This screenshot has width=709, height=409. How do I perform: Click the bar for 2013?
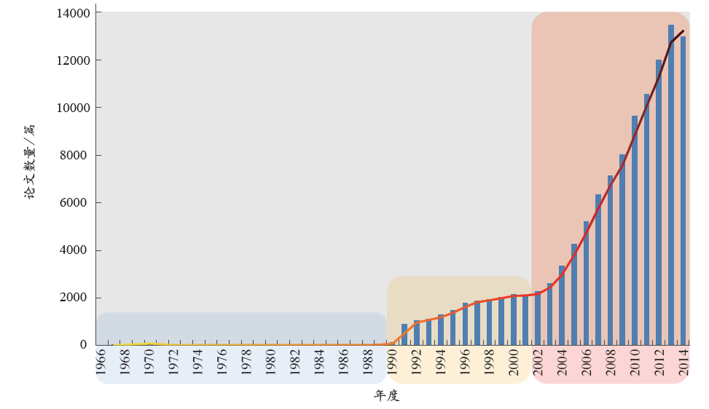pos(671,185)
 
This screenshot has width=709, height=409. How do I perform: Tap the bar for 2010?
pos(635,230)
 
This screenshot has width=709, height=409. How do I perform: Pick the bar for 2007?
pos(598,269)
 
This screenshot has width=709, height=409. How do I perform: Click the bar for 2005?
pos(574,294)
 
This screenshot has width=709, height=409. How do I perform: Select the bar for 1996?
pos(465,324)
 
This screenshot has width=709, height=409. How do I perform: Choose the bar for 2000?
pos(514,319)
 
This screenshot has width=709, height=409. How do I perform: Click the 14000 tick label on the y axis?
pos(73,13)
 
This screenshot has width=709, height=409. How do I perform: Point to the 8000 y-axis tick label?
pos(76,156)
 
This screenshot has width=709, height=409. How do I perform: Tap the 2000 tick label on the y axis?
pos(76,298)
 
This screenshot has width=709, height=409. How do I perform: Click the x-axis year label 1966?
pos(101,362)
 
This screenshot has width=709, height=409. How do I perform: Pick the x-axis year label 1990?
pos(392,362)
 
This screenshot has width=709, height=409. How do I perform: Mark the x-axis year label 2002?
pos(538,362)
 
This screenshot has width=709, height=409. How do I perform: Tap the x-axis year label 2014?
pos(683,362)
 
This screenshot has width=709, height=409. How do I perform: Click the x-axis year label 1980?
pos(270,362)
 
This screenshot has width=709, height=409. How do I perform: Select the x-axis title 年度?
pos(387,396)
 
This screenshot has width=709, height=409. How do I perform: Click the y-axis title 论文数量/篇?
pos(29,162)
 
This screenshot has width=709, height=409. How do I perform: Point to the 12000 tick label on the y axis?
pos(73,60)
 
